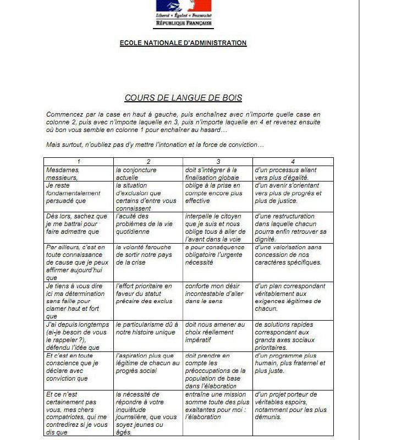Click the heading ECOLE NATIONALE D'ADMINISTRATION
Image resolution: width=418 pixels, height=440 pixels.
click(x=183, y=43)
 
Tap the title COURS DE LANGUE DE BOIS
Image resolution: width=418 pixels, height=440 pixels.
click(x=183, y=98)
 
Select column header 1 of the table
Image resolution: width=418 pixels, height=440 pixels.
click(x=79, y=162)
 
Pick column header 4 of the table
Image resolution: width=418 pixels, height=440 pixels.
click(x=293, y=162)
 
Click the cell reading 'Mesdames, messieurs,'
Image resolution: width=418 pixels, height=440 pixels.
click(x=79, y=173)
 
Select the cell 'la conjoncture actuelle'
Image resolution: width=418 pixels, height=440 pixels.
click(x=148, y=173)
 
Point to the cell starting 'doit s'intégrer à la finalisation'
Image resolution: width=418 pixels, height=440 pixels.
click(x=218, y=173)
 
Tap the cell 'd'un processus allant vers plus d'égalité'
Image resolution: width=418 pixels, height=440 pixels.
click(x=293, y=173)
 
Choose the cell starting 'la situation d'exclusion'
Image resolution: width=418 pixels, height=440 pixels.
click(x=148, y=197)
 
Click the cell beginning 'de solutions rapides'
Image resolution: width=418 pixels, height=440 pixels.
click(x=293, y=335)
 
